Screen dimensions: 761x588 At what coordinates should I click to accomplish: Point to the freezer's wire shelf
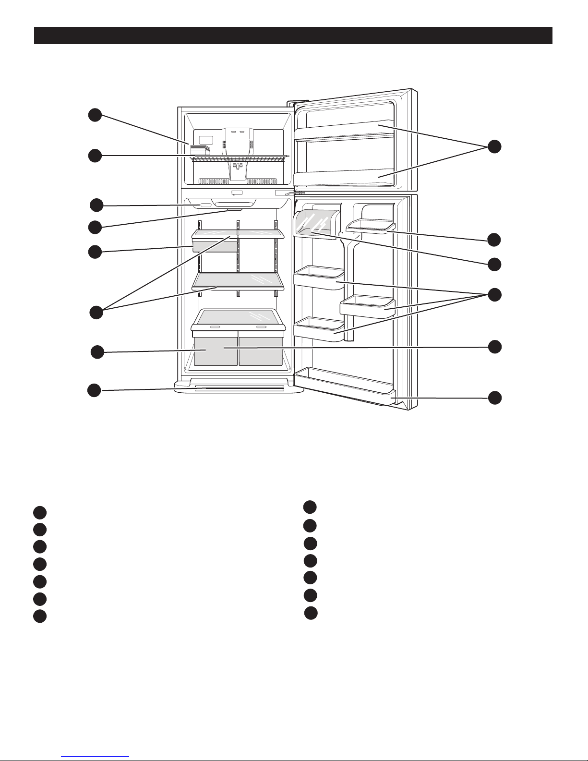(x=240, y=158)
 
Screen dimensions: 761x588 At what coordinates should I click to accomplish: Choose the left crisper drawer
(x=216, y=348)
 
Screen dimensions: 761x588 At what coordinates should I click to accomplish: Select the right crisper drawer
(x=261, y=348)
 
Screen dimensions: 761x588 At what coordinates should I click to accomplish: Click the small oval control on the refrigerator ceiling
(x=205, y=205)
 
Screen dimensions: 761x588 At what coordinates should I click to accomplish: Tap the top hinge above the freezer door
(x=291, y=102)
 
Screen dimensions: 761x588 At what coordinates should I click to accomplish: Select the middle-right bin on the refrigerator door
(x=367, y=306)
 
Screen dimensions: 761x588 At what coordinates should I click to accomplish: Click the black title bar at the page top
(x=293, y=36)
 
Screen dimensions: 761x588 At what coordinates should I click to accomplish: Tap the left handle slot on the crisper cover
(x=215, y=326)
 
